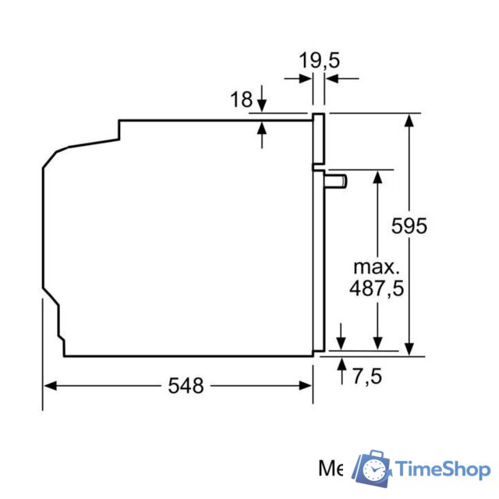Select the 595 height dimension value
click(x=409, y=226)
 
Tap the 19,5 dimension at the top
click(x=320, y=60)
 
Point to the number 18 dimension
click(x=242, y=99)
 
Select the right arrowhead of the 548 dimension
click(x=306, y=385)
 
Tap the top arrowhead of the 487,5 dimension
click(x=377, y=175)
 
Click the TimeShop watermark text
click(x=441, y=469)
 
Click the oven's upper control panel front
click(x=319, y=139)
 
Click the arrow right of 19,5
click(x=332, y=78)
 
